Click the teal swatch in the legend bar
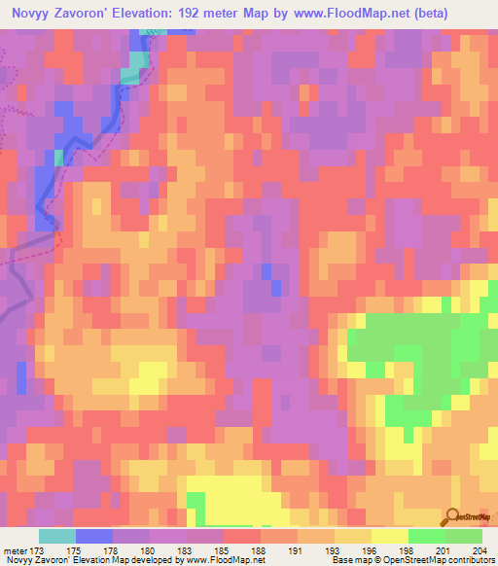pos(57,536)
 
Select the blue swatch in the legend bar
pos(94,536)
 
